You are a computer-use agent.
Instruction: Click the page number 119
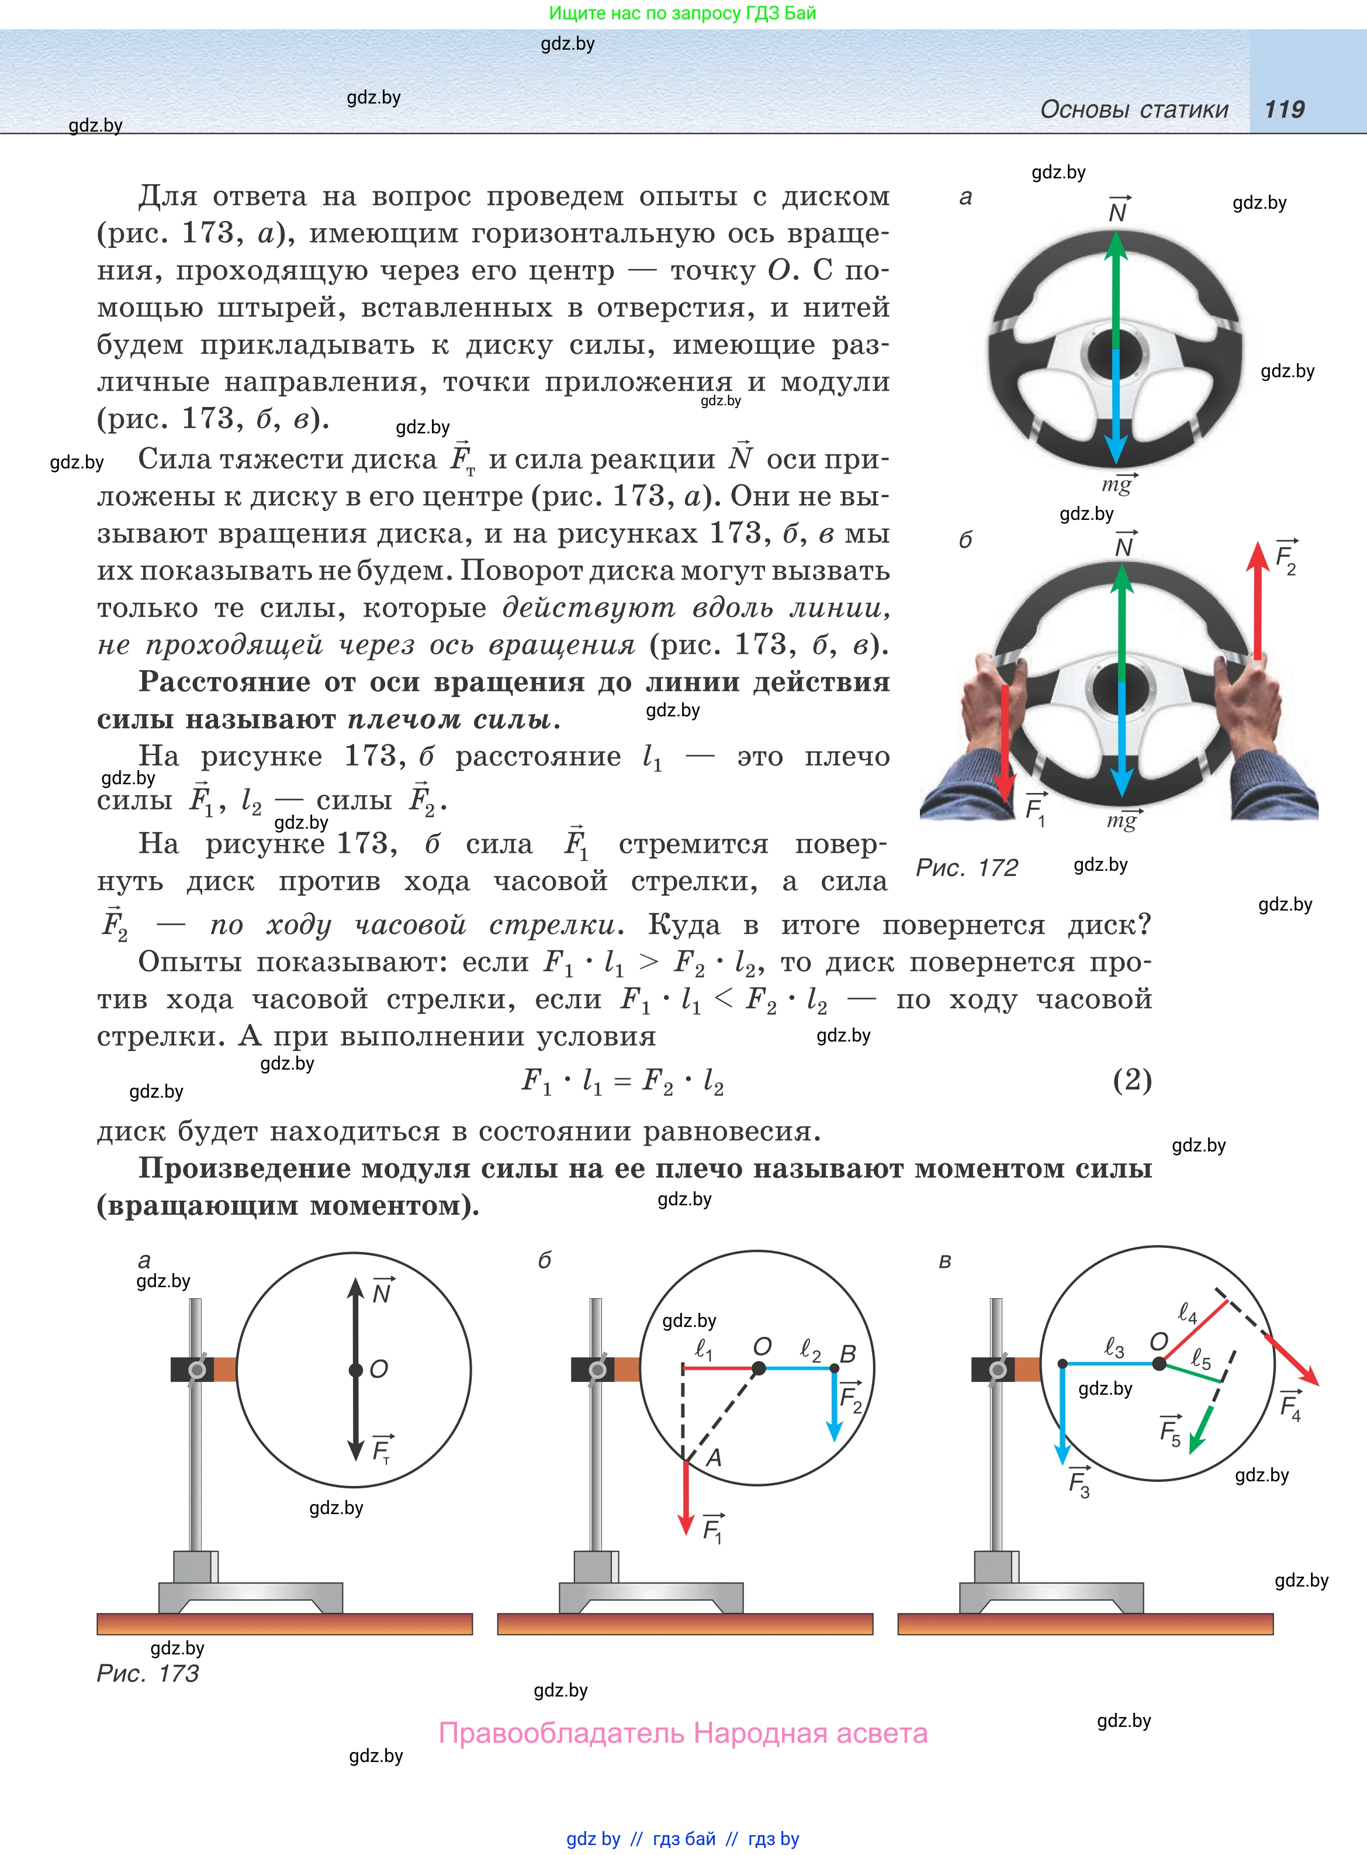pos(1284,109)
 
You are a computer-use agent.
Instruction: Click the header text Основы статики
pos(1134,109)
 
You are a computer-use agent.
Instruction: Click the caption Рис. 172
pos(967,867)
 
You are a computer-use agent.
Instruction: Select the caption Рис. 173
pos(147,1673)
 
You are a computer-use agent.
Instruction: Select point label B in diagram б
pos(848,1353)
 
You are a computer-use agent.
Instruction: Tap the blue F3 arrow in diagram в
pos(1063,1415)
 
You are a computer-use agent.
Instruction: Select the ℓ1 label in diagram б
pos(703,1349)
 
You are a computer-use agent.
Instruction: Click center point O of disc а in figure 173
pos(356,1370)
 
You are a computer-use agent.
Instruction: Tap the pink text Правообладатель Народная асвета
pos(683,1733)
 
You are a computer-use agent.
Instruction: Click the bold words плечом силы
pos(448,719)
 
